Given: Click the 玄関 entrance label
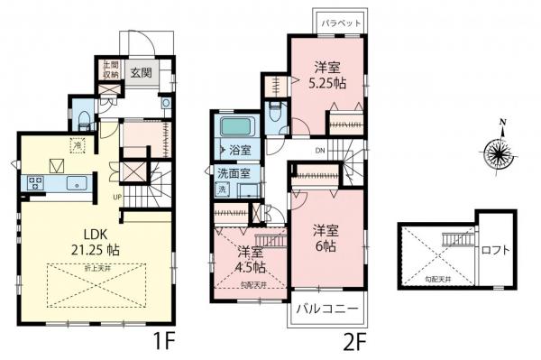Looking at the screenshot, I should [x=140, y=74].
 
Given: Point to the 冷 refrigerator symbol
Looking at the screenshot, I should [x=78, y=144].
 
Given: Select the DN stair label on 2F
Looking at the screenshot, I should [x=319, y=150].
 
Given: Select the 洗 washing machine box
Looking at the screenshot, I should [x=222, y=190].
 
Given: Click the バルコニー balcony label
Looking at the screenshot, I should [x=328, y=309].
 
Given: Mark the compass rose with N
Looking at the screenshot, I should [x=499, y=152].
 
